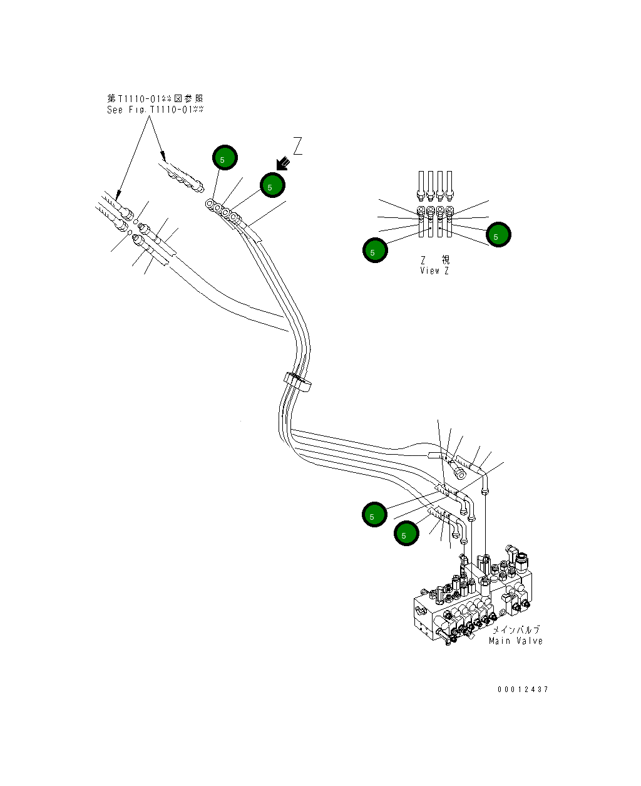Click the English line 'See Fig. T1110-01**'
[x=155, y=110]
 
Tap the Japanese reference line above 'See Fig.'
[x=155, y=99]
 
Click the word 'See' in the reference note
[x=115, y=110]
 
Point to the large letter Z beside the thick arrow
[x=297, y=146]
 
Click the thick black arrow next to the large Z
[x=283, y=163]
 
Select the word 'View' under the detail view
[x=430, y=271]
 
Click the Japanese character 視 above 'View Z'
[x=446, y=260]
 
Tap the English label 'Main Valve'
[x=515, y=641]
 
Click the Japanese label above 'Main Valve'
[x=516, y=630]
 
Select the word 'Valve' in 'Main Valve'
[x=529, y=641]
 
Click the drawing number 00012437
[x=523, y=689]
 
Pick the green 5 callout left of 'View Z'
[x=375, y=250]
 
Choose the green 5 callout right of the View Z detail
[x=498, y=234]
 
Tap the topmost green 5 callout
[x=225, y=157]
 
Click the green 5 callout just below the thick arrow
[x=272, y=185]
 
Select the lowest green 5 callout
[x=406, y=533]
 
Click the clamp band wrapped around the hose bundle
[x=297, y=382]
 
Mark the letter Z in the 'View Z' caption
[x=446, y=271]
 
